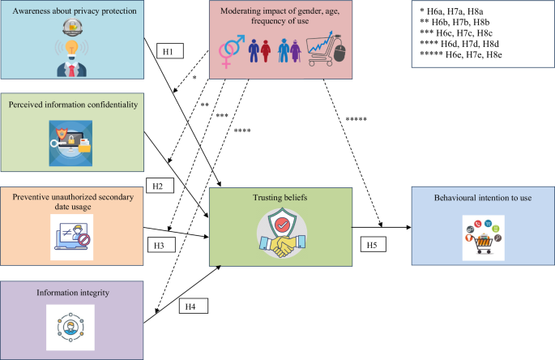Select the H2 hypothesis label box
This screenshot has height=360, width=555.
[x=160, y=186]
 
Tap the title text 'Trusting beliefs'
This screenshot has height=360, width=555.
[x=281, y=196]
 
